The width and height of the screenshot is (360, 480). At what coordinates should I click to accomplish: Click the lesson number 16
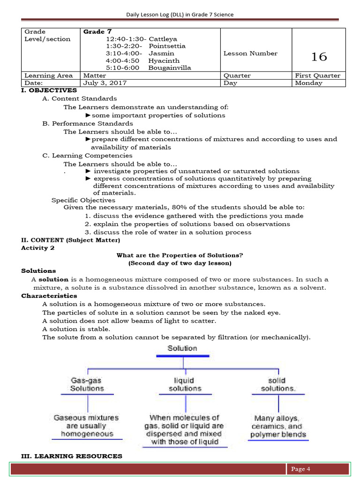pos(319,57)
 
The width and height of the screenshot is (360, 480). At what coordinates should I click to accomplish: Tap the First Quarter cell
pos(318,75)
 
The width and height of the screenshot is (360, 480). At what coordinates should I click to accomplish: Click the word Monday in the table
pos(308,83)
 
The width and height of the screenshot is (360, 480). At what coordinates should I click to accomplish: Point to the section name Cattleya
pos(163,39)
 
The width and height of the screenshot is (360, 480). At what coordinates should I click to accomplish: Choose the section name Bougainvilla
pos(169,67)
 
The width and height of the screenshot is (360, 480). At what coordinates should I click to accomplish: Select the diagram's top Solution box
pos(182,348)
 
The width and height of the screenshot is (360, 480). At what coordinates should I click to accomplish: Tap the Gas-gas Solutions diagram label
pos(87,384)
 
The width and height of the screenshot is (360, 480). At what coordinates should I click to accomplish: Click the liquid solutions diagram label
pos(185,384)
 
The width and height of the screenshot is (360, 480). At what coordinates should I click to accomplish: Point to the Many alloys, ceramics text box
pos(277,426)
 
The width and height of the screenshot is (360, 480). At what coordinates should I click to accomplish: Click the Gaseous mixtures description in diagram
pos(86,425)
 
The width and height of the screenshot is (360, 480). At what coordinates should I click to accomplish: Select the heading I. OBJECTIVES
pos(49,90)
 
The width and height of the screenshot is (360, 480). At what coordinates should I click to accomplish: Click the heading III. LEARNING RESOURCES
pos(72,456)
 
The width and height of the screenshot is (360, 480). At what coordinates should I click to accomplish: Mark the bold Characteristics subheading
pos(49,296)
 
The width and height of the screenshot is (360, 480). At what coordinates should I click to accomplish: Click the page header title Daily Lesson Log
pos(180,15)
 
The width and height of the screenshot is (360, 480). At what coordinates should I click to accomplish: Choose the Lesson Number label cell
pos(250,53)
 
